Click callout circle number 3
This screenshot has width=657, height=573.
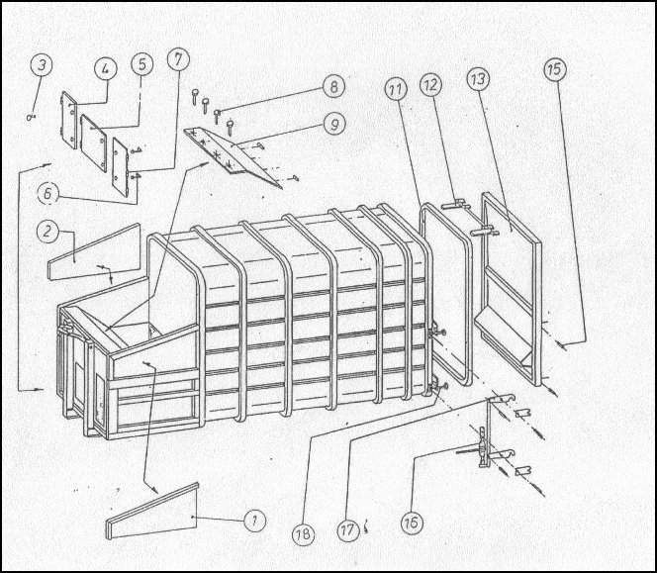[x=42, y=65]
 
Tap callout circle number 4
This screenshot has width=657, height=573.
[x=106, y=68]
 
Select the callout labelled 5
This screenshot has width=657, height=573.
[x=142, y=64]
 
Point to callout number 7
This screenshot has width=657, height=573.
[x=178, y=59]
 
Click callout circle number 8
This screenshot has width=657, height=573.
[x=333, y=87]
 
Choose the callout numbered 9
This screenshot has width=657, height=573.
[x=334, y=125]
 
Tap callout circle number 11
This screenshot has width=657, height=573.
[x=396, y=90]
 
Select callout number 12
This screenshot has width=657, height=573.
[x=431, y=85]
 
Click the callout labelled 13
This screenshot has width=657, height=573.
[x=479, y=79]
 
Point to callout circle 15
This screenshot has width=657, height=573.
[x=555, y=69]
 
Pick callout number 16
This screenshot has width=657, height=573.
[x=412, y=523]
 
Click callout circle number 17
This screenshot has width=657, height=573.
[x=347, y=529]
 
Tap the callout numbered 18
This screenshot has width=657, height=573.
[x=304, y=533]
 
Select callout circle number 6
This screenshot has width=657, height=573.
[x=48, y=193]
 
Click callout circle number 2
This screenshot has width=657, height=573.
[x=47, y=232]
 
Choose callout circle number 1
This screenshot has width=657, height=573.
[x=254, y=521]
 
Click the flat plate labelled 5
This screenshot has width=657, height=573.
[x=93, y=143]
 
